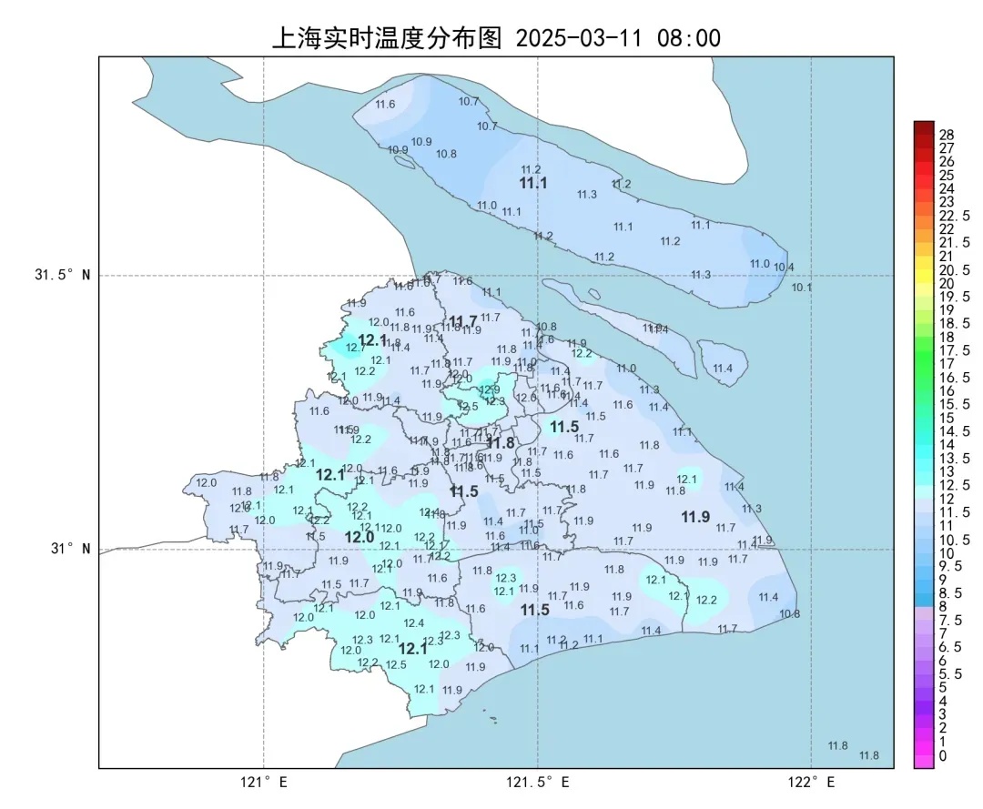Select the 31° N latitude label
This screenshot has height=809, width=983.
tap(69, 549)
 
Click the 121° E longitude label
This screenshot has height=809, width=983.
tap(264, 783)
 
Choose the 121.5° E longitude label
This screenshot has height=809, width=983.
tap(538, 783)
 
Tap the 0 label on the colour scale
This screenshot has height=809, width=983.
tap(943, 755)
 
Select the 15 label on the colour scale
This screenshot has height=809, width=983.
tap(947, 418)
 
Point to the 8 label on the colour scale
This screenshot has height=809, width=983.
tap(943, 605)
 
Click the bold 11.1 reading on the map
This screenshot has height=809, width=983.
tap(533, 184)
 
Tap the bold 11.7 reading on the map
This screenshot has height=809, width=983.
tap(463, 322)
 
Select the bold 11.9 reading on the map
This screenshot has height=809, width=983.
tap(695, 517)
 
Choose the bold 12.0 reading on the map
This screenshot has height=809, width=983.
tap(360, 538)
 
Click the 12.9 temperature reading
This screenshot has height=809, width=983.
tap(490, 389)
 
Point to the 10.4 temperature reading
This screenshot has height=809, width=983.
tap(785, 267)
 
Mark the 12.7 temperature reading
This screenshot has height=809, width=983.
tap(356, 348)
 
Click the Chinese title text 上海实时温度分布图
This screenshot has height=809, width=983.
tap(387, 38)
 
